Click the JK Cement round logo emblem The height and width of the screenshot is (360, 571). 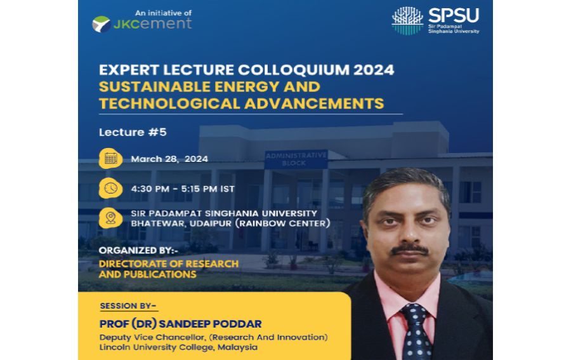point(102,24)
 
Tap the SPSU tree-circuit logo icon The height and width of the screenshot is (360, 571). point(407,21)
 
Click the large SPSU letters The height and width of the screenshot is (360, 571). point(454,16)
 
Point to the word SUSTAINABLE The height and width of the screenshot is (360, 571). point(155,87)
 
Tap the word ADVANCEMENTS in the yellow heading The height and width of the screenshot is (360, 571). point(314,103)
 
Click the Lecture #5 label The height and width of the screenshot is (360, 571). point(133,132)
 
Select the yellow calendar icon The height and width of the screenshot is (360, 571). point(110,159)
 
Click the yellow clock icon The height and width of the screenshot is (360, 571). point(110,188)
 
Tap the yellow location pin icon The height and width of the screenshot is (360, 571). point(110,218)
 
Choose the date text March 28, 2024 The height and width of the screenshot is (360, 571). point(169,159)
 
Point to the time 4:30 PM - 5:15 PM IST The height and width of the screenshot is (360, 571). point(183,189)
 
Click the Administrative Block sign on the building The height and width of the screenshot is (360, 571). point(296,159)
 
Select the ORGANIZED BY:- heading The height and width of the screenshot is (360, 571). point(138,251)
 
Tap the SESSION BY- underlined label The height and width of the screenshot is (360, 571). point(128,306)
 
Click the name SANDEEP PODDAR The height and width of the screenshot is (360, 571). point(211,324)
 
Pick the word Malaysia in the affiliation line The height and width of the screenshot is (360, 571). point(237,347)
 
